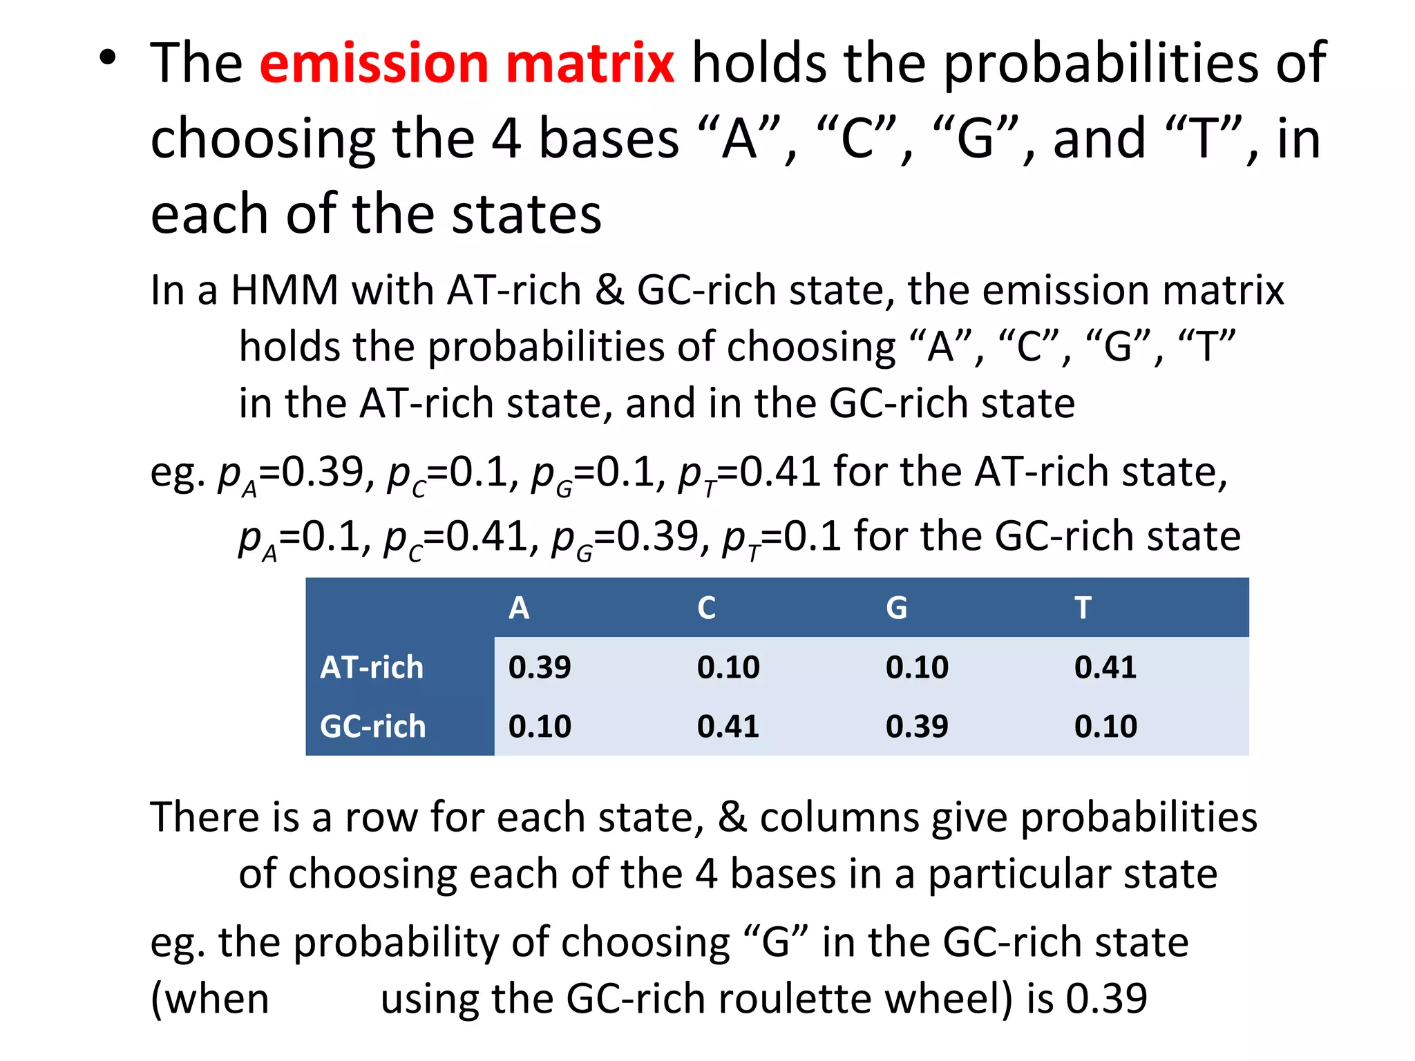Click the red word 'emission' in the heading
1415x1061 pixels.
pyautogui.click(x=373, y=64)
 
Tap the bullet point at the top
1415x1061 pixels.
pyautogui.click(x=107, y=59)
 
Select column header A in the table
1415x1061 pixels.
pyautogui.click(x=519, y=608)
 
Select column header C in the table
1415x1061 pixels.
pyautogui.click(x=706, y=608)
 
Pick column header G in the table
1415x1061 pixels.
pyautogui.click(x=896, y=608)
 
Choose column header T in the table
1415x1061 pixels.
pyautogui.click(x=1083, y=608)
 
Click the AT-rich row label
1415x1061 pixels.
pyautogui.click(x=372, y=667)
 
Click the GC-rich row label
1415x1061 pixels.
pyautogui.click(x=373, y=727)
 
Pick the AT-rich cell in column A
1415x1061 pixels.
pyautogui.click(x=540, y=667)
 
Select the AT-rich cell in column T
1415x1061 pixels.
pyautogui.click(x=1105, y=667)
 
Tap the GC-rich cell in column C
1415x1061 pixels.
pyautogui.click(x=728, y=727)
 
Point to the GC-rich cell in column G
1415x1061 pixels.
pyautogui.click(x=917, y=727)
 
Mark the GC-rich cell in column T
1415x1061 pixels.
pyautogui.click(x=1105, y=727)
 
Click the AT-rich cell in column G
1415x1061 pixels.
pyautogui.click(x=917, y=667)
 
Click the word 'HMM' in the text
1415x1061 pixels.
pyautogui.click(x=284, y=290)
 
